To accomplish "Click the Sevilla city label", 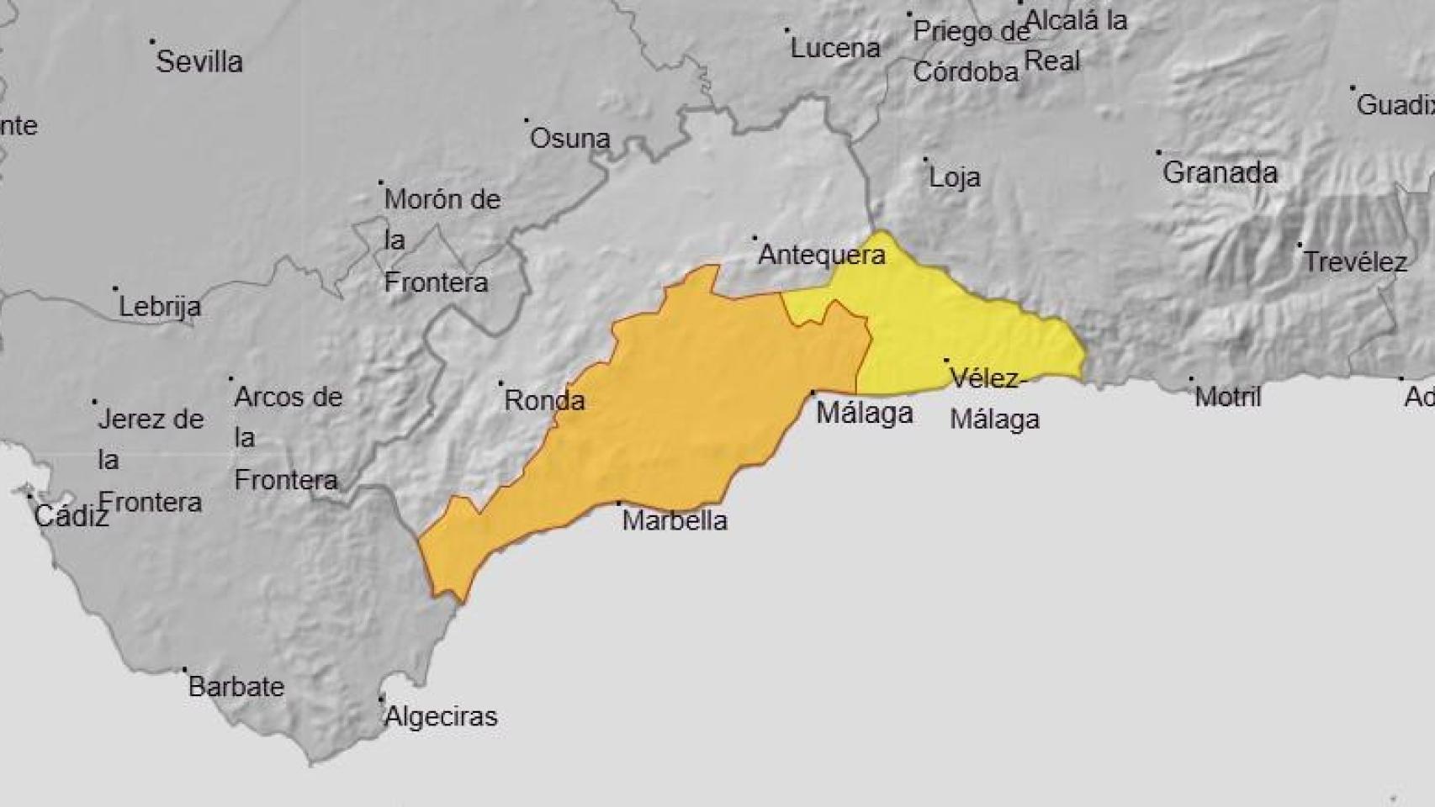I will (x=199, y=61).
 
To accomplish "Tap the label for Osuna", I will (x=569, y=139).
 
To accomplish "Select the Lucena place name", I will (x=835, y=48).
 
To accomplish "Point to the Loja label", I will (x=955, y=177).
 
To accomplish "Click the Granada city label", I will (x=1220, y=173).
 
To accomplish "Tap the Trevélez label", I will (x=1354, y=262).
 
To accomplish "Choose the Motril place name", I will (x=1228, y=397).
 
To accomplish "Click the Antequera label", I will (x=822, y=255).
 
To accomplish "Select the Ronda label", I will (x=544, y=400).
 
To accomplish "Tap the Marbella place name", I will (x=675, y=520).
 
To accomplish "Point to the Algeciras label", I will (x=441, y=717).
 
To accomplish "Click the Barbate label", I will (x=236, y=687).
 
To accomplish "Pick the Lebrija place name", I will (x=160, y=307).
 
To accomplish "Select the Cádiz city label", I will (x=71, y=516).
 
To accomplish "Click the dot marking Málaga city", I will (x=813, y=393).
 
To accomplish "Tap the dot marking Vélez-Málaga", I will (x=946, y=361).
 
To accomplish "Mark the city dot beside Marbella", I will (x=620, y=503).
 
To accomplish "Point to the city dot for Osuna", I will (x=527, y=121).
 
